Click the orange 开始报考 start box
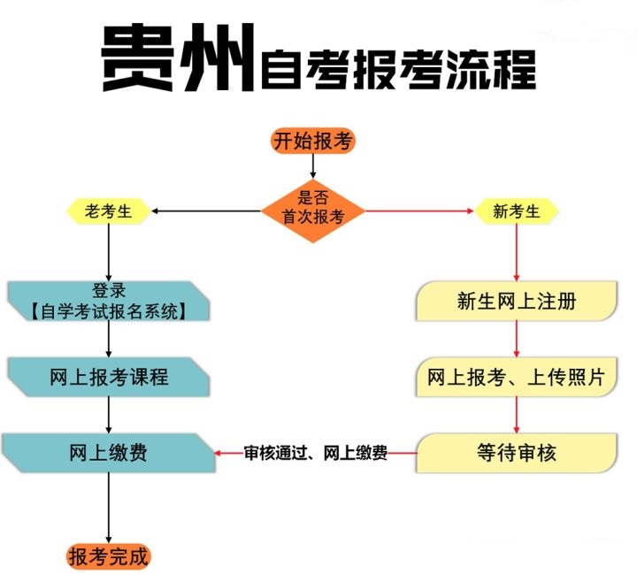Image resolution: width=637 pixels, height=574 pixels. coord(312,141)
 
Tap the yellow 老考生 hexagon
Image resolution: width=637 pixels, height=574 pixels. coord(108,211)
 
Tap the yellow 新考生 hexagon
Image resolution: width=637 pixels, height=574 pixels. coord(517,211)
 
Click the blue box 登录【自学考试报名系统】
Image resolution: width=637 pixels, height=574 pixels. coord(108,301)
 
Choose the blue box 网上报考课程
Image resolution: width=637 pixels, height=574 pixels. coord(108,378)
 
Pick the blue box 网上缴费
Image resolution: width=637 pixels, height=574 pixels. coord(108,453)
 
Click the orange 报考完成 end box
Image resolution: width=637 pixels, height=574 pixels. coord(109,556)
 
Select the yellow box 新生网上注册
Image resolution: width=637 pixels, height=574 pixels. coord(517,302)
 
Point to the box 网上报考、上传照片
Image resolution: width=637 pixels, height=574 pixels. coord(517,378)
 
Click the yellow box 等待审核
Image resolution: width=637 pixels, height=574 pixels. coord(517,453)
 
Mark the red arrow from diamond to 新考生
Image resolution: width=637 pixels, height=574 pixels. coord(417,211)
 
